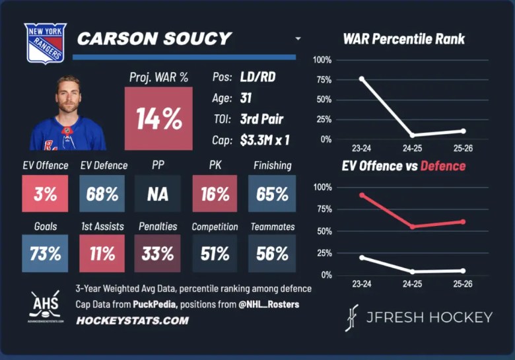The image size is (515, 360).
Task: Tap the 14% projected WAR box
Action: pos(158,118)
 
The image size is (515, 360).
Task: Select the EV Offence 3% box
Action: pos(45,194)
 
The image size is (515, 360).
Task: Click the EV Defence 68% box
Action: pos(102,194)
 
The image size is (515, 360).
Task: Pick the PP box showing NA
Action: pos(158,194)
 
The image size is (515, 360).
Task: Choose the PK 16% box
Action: pos(215,194)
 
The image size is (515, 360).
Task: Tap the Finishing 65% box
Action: pos(272,194)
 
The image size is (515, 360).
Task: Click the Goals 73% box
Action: pos(45,254)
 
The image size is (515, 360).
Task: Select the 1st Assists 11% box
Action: pos(102,254)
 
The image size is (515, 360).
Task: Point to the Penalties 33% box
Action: pos(158,254)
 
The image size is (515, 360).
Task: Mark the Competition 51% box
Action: pos(215,254)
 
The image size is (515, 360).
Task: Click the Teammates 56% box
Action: pos(272,254)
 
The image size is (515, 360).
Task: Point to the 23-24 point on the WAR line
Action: pos(361,79)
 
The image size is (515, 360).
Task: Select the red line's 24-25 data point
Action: pos(413,227)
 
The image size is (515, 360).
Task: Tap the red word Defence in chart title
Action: pos(443,166)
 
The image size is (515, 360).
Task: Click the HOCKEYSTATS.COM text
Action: pos(133,320)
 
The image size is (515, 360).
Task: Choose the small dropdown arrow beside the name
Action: pos(298,39)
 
